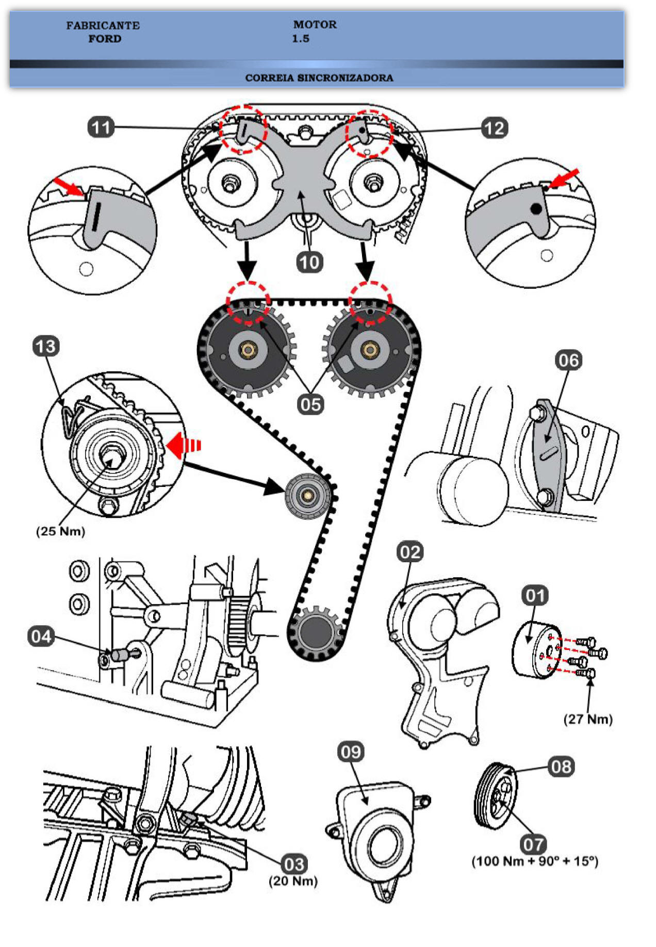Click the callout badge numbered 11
pos(101,127)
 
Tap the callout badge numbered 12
pos(495,128)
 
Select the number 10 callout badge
pos(309,262)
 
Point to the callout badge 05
pos(310,404)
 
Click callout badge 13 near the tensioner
pos(46,346)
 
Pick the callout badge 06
pos(568,360)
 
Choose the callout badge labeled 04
pos(41,636)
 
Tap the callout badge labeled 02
pos(410,552)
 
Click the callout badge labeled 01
pos(535,596)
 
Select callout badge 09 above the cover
pos(351,752)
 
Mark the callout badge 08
pos(561,766)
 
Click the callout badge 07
pos(533,844)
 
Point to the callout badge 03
pos(294,864)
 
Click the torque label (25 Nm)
pos(60,531)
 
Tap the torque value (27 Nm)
pos(588,719)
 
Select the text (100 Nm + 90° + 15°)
pos(535,861)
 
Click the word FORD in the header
pos(105,39)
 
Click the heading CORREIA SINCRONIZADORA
pos(319,78)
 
